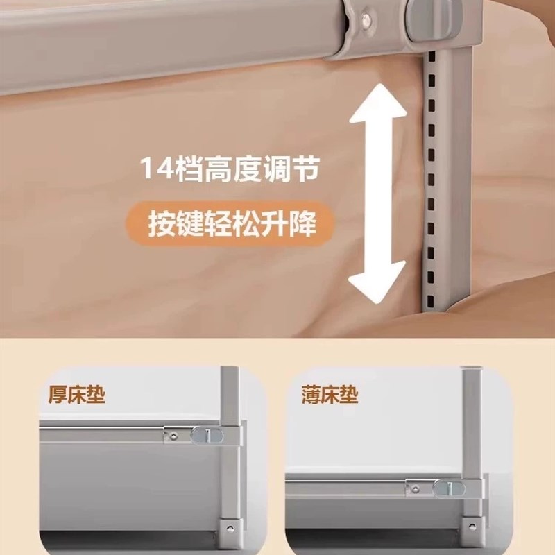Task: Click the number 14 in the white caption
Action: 155,169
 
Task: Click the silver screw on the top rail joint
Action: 361,22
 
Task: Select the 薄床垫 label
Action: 331,395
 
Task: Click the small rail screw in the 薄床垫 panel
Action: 416,488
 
